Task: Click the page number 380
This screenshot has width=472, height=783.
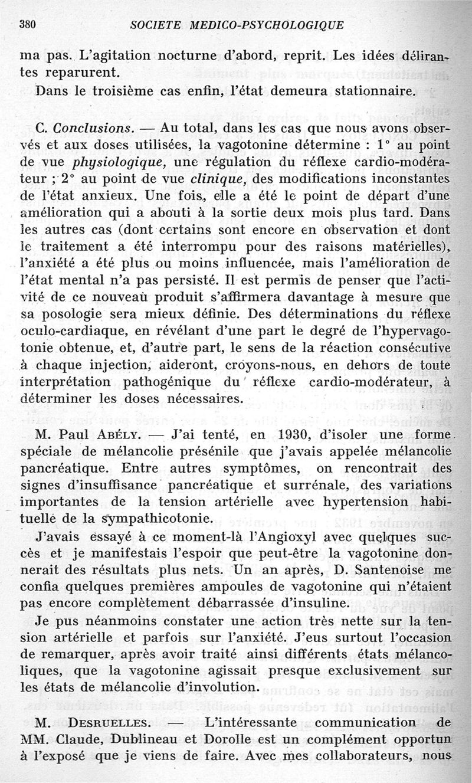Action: tap(28, 25)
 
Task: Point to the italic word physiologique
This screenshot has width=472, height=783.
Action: tap(111, 162)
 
